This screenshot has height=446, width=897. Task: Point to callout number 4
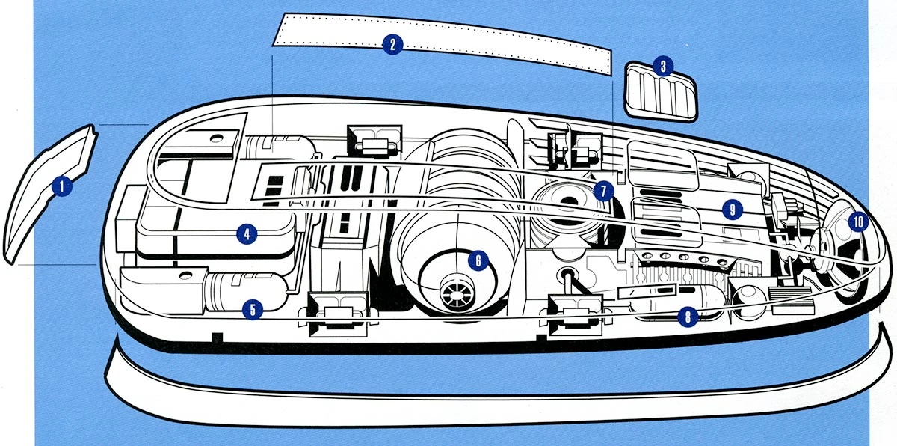246,234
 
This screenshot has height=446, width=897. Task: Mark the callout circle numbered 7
602,190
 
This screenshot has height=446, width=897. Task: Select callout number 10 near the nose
857,222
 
